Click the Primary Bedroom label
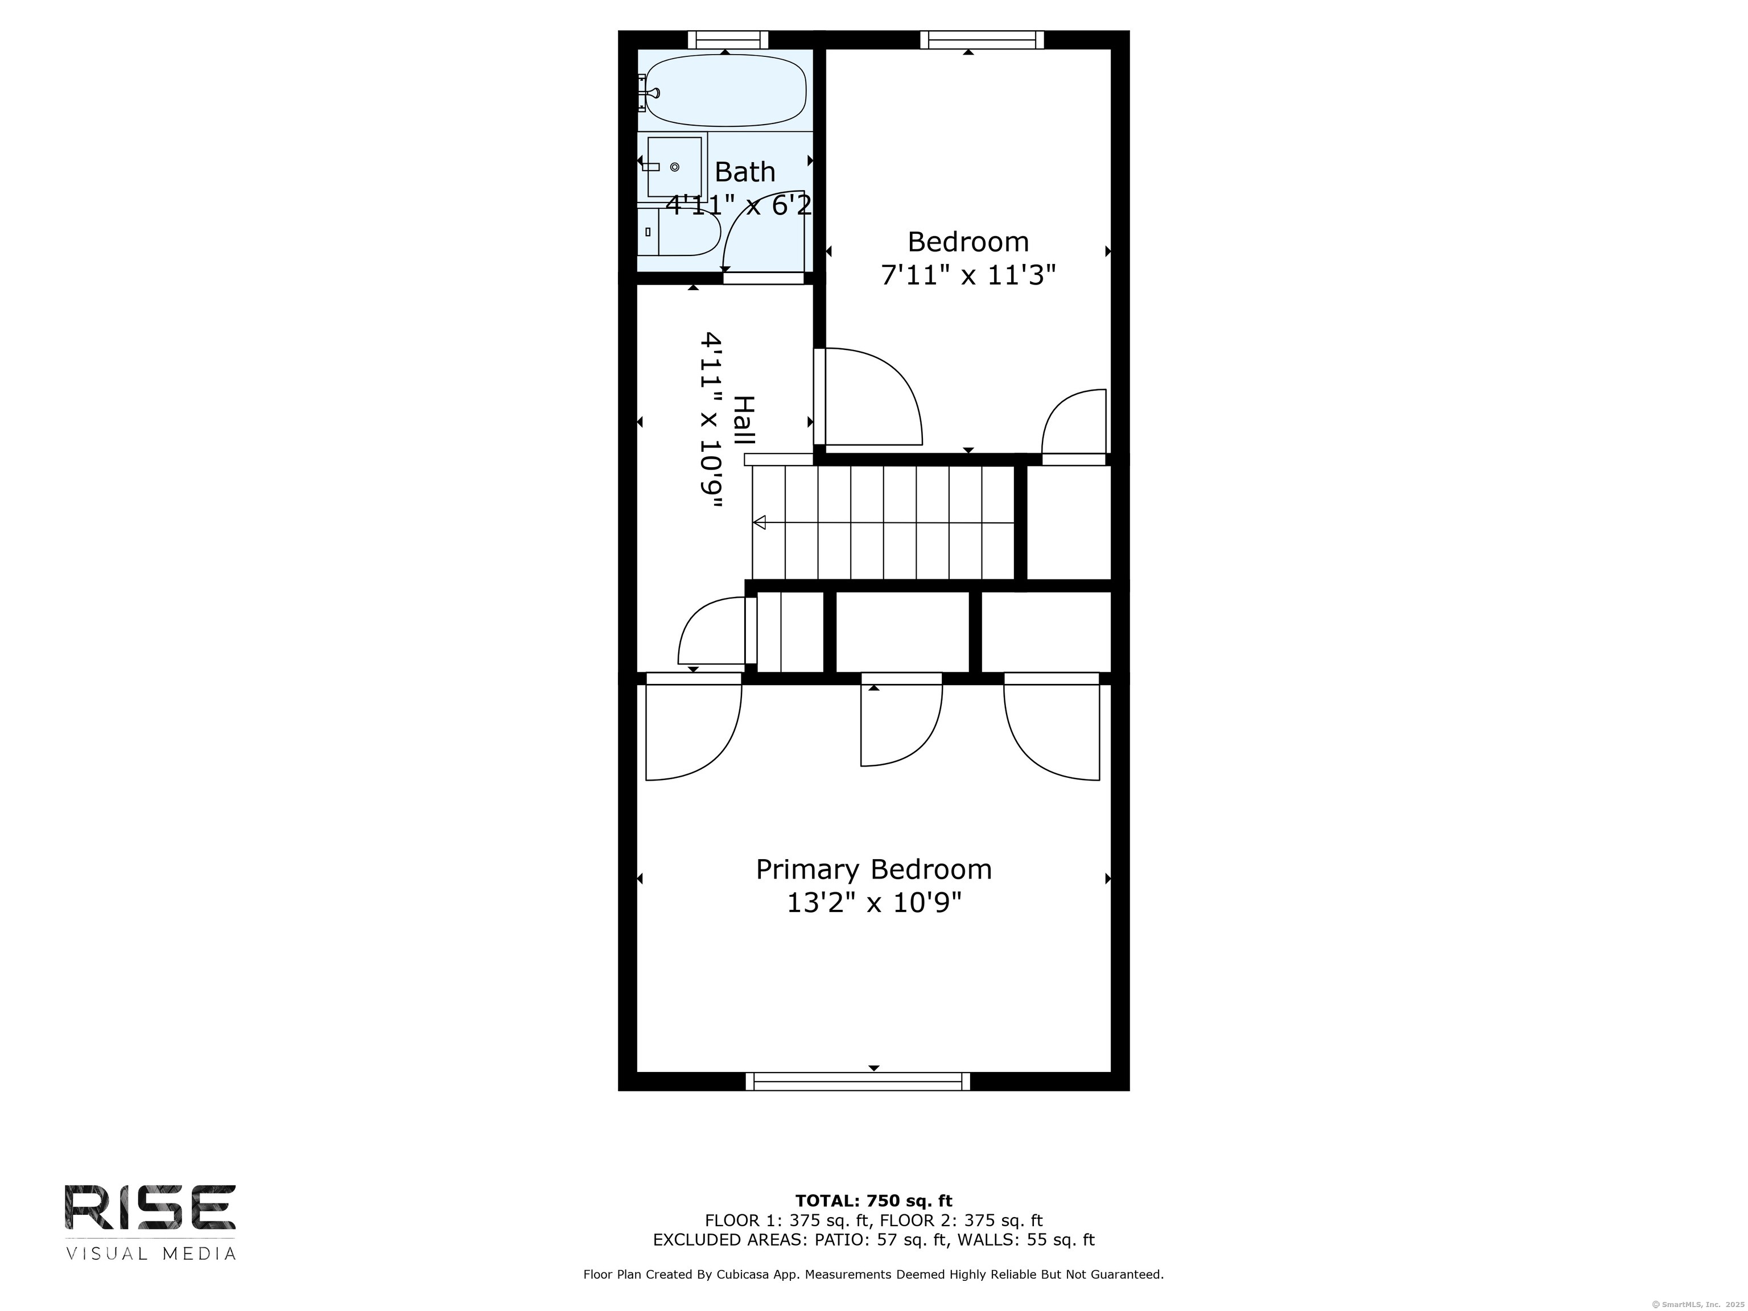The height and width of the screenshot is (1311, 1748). (x=873, y=870)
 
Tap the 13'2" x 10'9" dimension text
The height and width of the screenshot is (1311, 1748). (x=874, y=902)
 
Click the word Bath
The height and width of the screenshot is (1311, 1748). (x=744, y=171)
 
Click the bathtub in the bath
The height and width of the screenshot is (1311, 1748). (x=726, y=90)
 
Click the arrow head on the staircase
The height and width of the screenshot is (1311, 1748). (x=760, y=522)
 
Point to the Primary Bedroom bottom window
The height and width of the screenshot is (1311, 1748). (x=858, y=1082)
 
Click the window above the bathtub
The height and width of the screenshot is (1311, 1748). (x=728, y=39)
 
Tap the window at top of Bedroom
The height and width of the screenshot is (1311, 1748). (x=982, y=39)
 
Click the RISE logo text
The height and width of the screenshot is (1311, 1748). (x=150, y=1207)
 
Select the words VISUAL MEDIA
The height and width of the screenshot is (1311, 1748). (x=150, y=1254)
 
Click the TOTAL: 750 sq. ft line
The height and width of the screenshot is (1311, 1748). (x=873, y=1202)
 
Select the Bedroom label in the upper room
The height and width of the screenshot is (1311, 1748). (x=968, y=241)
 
